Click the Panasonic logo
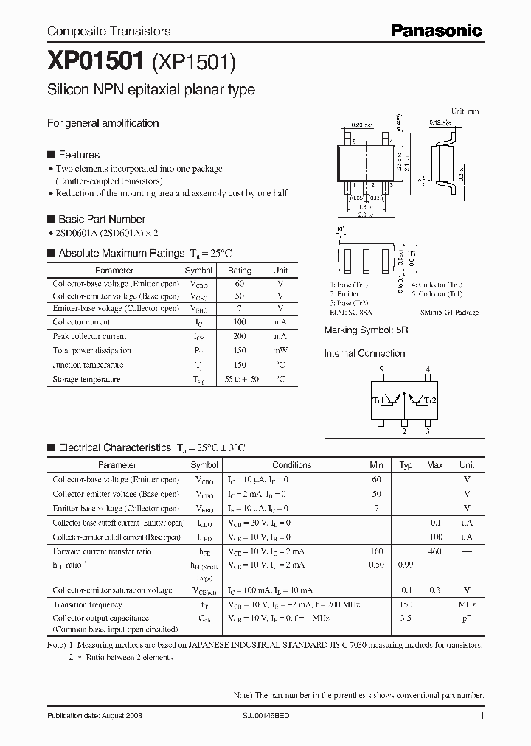(x=436, y=30)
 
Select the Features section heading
(x=78, y=155)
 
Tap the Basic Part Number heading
(x=101, y=219)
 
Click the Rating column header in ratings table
(x=239, y=271)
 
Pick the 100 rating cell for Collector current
(x=239, y=322)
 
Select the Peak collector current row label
(x=89, y=336)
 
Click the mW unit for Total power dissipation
(x=280, y=351)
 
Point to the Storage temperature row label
(x=86, y=379)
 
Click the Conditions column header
(x=292, y=465)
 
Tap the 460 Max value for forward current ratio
(x=434, y=551)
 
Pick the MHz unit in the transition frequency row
(x=466, y=604)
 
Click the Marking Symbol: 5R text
(x=366, y=331)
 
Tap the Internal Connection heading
(x=364, y=353)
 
